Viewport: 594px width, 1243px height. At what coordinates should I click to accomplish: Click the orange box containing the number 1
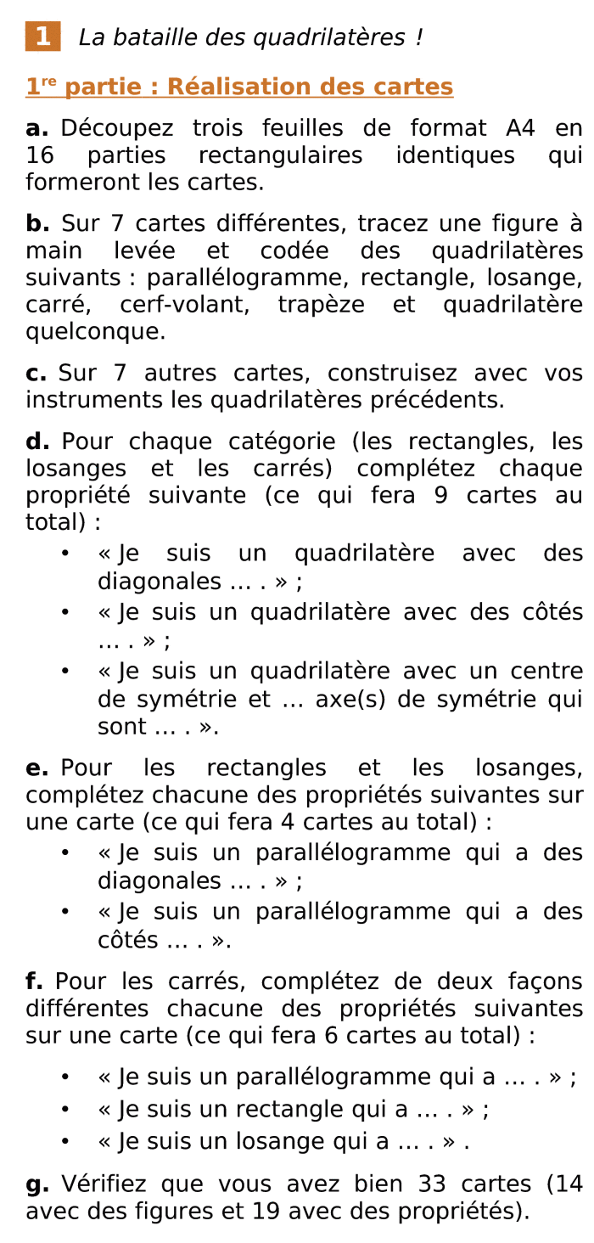(x=42, y=37)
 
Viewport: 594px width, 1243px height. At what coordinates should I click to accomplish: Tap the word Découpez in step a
(x=117, y=129)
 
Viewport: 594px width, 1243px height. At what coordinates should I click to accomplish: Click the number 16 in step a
(x=40, y=156)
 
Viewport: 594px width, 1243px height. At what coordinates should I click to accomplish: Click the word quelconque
(x=96, y=333)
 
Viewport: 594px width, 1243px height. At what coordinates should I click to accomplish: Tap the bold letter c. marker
(x=36, y=374)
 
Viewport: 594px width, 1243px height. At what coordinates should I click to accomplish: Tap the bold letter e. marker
(x=36, y=768)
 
